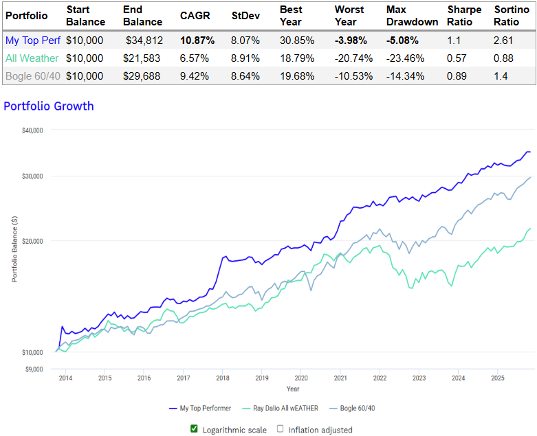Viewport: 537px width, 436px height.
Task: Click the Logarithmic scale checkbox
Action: [194, 429]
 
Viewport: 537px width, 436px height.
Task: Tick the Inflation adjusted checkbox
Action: [281, 429]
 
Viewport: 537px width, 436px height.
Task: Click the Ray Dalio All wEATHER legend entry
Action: [282, 409]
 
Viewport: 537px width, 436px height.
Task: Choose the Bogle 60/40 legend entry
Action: [357, 409]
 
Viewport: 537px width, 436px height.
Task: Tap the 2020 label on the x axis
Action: [300, 378]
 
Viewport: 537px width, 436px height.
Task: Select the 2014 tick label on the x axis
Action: [65, 378]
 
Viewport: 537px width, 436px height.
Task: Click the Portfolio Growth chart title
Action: [49, 106]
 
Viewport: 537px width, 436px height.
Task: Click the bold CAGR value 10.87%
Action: [197, 41]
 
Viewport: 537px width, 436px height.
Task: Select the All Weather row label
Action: [32, 58]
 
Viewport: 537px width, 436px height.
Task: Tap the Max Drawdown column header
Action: [412, 16]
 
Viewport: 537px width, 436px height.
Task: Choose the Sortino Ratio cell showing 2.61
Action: [505, 41]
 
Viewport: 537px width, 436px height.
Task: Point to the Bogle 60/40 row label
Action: [33, 76]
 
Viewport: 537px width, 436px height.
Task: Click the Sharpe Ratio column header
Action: [464, 16]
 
